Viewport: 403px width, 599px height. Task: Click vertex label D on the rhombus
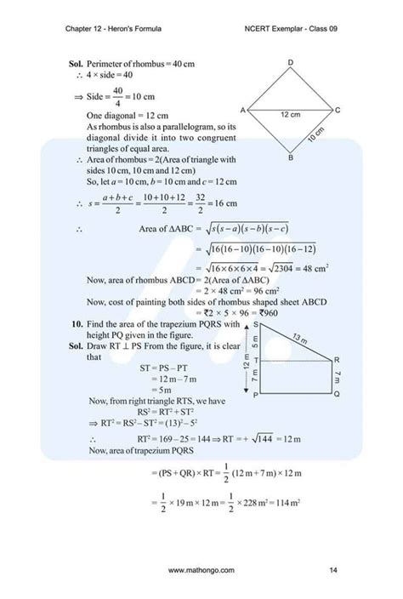[291, 64]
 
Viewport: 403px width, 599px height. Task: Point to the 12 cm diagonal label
[290, 114]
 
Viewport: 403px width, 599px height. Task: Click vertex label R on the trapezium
[337, 359]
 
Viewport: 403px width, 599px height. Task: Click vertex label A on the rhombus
[243, 111]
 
